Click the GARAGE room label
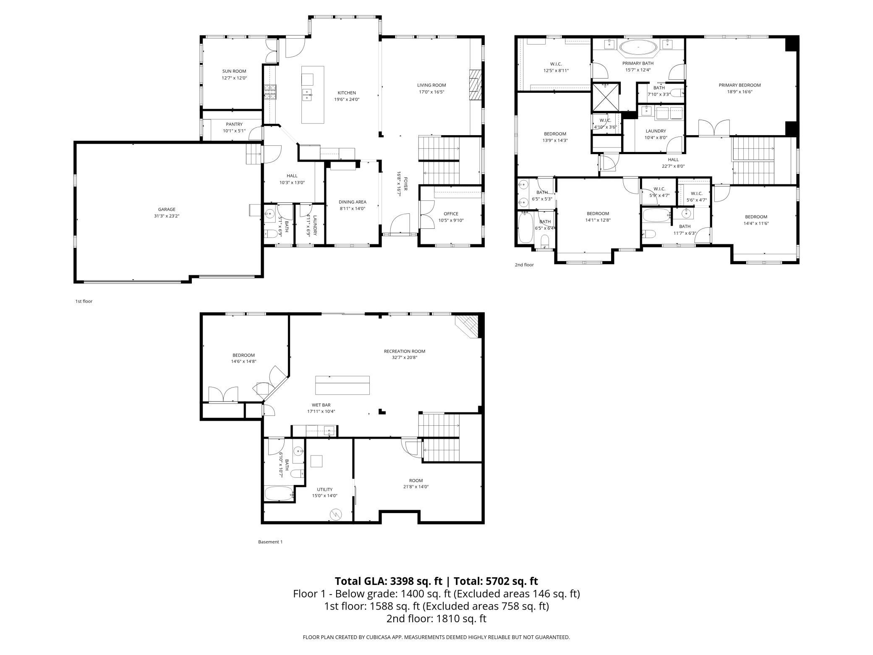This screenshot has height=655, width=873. [x=167, y=209]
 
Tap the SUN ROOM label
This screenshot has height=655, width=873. [x=234, y=71]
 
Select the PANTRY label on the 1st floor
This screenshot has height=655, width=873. [x=234, y=124]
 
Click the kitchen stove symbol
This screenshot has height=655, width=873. [x=269, y=92]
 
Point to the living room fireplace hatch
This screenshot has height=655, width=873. [x=474, y=85]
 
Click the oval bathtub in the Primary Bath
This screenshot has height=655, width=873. [x=638, y=48]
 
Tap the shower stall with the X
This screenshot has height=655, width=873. [x=606, y=97]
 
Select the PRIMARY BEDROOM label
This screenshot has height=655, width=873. [x=740, y=85]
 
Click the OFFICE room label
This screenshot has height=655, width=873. [x=451, y=214]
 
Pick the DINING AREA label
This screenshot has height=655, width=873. [x=353, y=202]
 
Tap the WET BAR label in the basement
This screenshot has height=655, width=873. [x=321, y=405]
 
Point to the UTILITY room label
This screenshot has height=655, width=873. [x=325, y=489]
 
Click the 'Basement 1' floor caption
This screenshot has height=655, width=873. [x=270, y=542]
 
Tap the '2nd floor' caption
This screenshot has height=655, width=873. [x=524, y=265]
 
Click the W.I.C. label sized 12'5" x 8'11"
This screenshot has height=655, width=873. [x=556, y=64]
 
